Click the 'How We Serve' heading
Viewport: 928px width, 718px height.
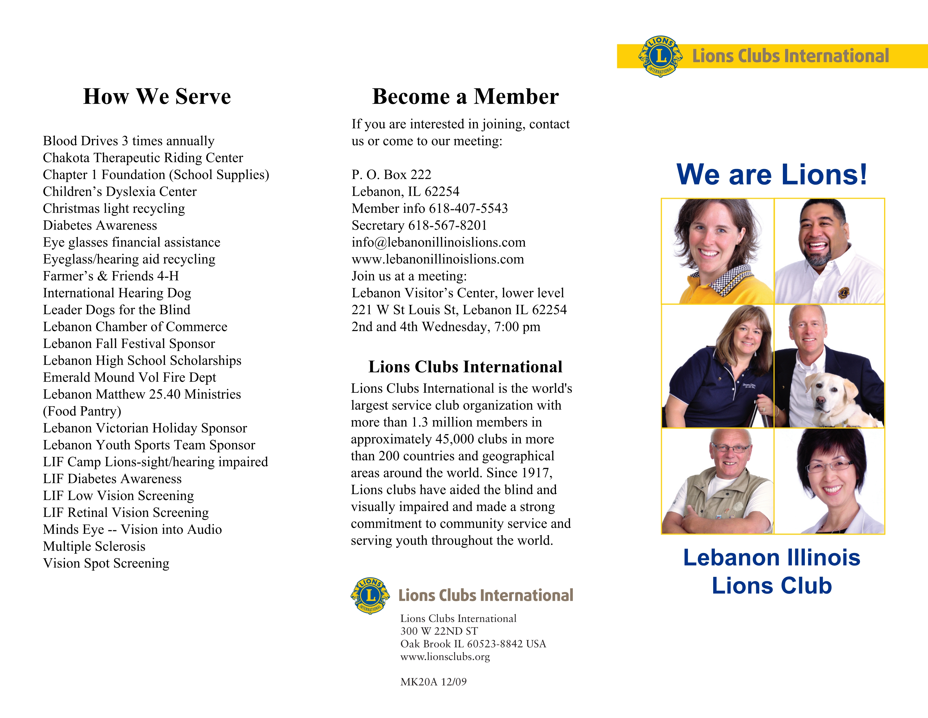(x=157, y=97)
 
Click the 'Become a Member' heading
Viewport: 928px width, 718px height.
(x=465, y=97)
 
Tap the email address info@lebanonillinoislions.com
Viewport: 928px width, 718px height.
(x=438, y=242)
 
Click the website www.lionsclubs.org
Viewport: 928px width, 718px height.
(x=445, y=657)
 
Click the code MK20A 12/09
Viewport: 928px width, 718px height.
(x=433, y=682)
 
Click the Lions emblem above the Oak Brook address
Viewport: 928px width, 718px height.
(x=370, y=596)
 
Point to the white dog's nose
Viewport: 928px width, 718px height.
(x=820, y=400)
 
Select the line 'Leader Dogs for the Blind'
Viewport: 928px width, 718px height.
(x=116, y=310)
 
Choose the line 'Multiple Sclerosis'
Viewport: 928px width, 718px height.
(x=94, y=547)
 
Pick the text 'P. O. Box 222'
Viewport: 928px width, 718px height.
(x=391, y=175)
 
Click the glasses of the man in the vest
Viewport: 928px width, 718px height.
(x=731, y=448)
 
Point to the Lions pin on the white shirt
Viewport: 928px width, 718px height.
(x=843, y=292)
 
